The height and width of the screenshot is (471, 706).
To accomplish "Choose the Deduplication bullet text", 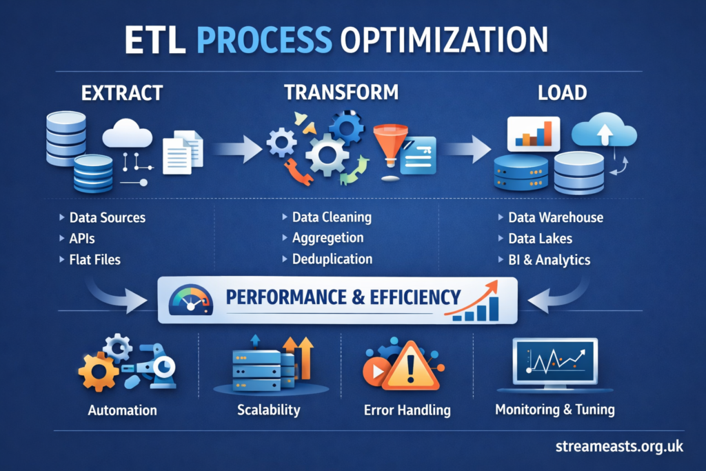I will coord(332,259).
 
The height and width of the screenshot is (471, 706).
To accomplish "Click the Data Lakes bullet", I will coord(540,239).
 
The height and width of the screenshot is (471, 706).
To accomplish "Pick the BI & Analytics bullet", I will coord(549,260).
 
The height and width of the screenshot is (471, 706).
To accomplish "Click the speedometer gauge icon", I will coord(190,301).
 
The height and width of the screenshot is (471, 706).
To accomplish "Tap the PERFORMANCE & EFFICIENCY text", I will coord(342,298).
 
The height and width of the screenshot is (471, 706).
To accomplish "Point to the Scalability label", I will coord(269,410).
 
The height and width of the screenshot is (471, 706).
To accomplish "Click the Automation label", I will coord(123,410).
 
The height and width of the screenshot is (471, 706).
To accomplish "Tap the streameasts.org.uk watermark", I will coord(619,447).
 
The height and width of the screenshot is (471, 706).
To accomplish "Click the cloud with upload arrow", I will coord(603,131).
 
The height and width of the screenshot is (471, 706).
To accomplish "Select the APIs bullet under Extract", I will coord(81,239).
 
